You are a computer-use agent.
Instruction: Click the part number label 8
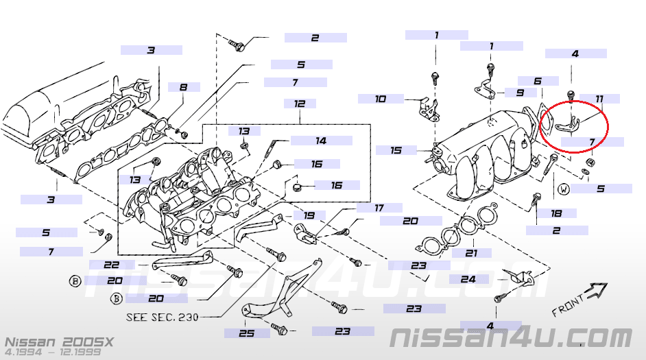pyautogui.click(x=183, y=87)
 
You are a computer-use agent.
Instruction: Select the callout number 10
pyautogui.click(x=381, y=99)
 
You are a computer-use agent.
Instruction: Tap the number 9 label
pyautogui.click(x=521, y=92)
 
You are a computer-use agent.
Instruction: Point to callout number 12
pyautogui.click(x=300, y=104)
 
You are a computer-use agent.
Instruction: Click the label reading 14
pyautogui.click(x=320, y=141)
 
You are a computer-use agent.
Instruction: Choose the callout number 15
pyautogui.click(x=396, y=149)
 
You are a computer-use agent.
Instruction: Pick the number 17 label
pyautogui.click(x=379, y=207)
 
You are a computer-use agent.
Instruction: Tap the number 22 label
pyautogui.click(x=112, y=265)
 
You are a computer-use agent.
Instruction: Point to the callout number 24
pyautogui.click(x=468, y=279)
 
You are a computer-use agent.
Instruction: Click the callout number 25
pyautogui.click(x=246, y=333)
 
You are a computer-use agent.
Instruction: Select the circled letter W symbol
pyautogui.click(x=564, y=188)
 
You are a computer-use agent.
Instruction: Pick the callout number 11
pyautogui.click(x=599, y=99)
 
